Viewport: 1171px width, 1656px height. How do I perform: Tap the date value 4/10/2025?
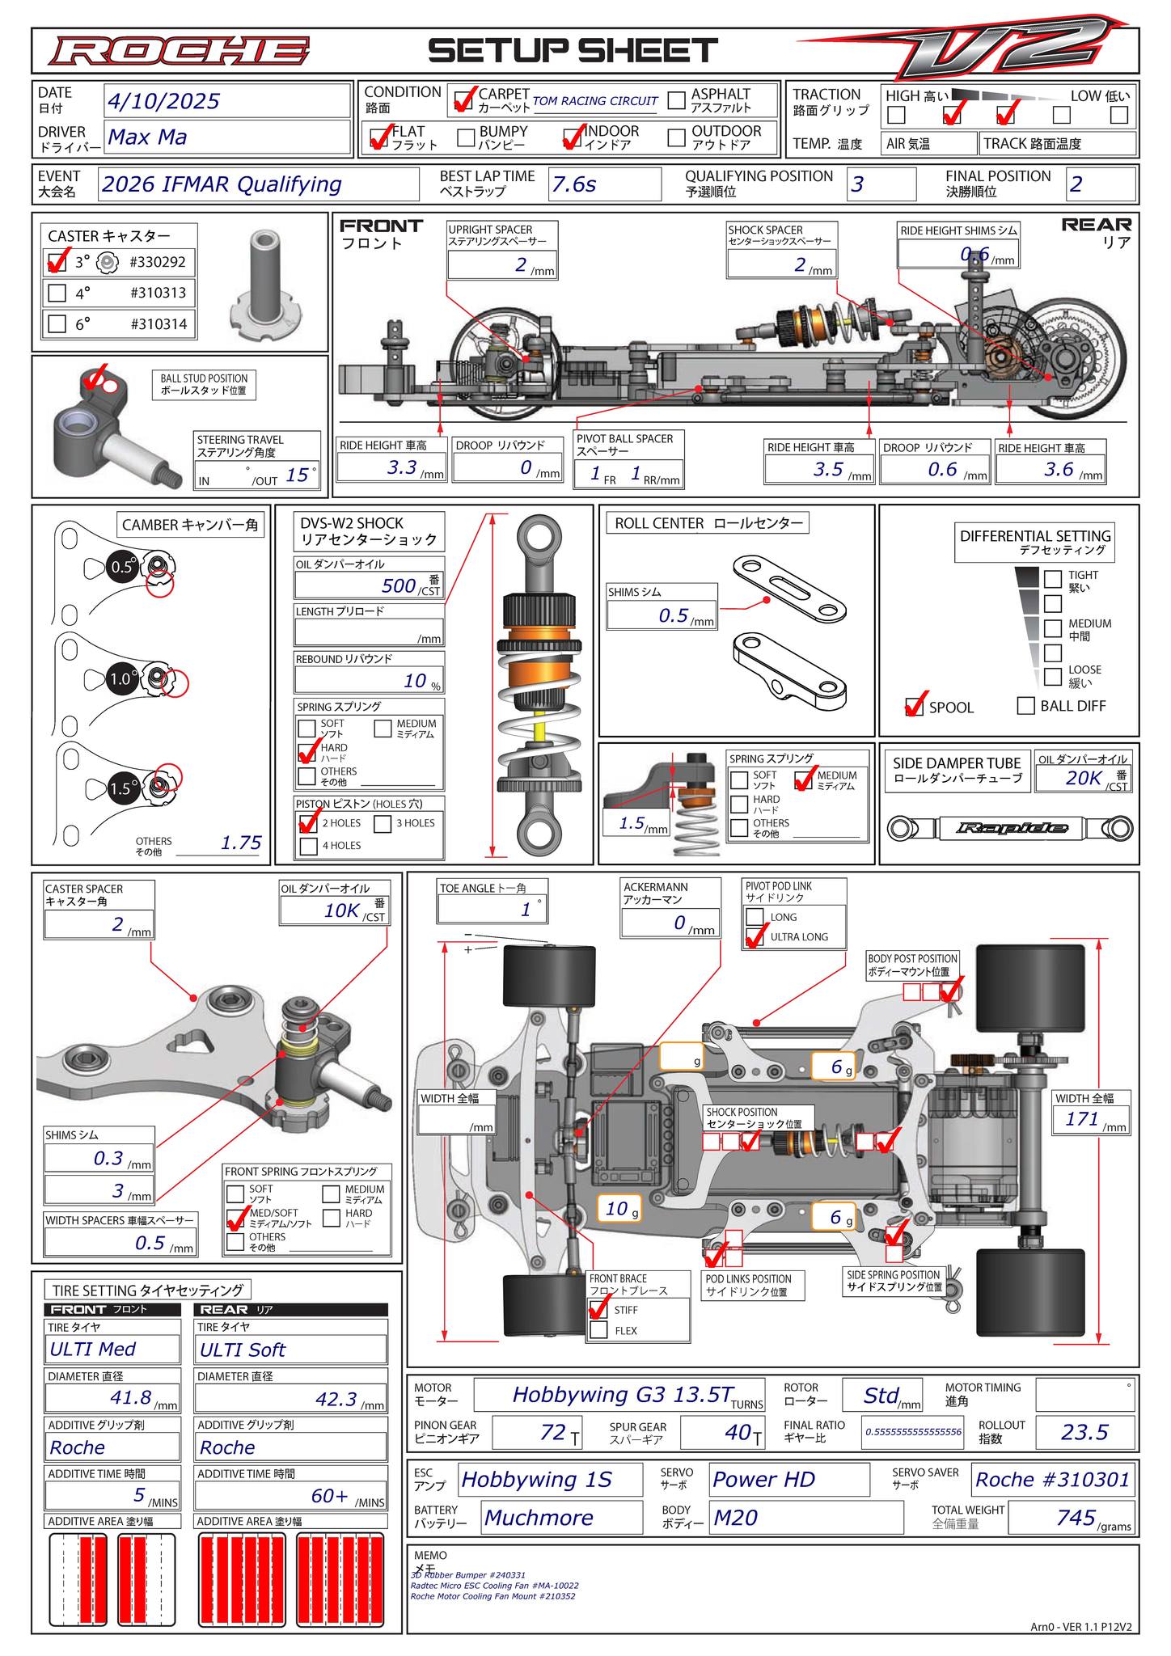(x=163, y=101)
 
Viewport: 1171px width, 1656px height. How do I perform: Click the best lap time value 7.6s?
(x=573, y=184)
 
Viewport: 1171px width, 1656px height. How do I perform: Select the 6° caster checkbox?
(x=57, y=324)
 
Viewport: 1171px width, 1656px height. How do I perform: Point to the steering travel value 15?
(x=297, y=475)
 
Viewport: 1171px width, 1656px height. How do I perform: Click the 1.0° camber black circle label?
(x=120, y=680)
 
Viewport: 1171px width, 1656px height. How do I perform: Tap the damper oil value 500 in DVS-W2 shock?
(x=399, y=585)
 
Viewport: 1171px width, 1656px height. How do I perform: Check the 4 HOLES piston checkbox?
(x=308, y=846)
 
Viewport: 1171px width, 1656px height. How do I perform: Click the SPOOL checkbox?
(x=914, y=707)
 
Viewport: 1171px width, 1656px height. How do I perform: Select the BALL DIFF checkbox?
(x=1025, y=706)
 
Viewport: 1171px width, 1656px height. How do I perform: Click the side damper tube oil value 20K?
(x=1084, y=778)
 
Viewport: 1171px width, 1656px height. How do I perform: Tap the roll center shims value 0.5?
(x=673, y=615)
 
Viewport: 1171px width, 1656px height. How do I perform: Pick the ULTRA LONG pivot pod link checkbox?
(x=755, y=937)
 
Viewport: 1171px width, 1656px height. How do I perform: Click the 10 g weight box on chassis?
(x=621, y=1208)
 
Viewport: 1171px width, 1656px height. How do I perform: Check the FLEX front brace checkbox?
(x=598, y=1330)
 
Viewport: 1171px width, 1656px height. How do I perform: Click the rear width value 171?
(x=1082, y=1119)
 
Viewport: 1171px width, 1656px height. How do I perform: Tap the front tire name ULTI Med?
(x=93, y=1349)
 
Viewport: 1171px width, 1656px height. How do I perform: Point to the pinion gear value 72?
(x=552, y=1432)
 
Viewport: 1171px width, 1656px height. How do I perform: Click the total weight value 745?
(x=1076, y=1518)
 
